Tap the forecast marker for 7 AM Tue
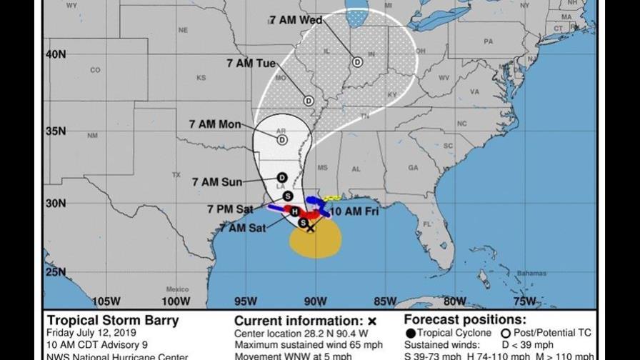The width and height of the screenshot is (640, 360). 309,101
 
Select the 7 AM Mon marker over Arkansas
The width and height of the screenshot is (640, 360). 282,140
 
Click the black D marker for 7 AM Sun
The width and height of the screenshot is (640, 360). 282,177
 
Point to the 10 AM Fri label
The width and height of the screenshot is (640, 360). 354,211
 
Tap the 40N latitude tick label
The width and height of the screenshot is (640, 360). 56,54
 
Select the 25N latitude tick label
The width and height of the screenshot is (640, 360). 56,271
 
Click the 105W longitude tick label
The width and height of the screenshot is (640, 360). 105,300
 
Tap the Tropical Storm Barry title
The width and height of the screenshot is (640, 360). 113,320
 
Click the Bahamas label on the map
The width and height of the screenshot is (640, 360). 531,274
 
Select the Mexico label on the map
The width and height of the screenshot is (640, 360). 177,289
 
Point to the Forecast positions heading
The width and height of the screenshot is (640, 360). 464,320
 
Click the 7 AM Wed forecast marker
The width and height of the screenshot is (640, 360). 357,61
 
